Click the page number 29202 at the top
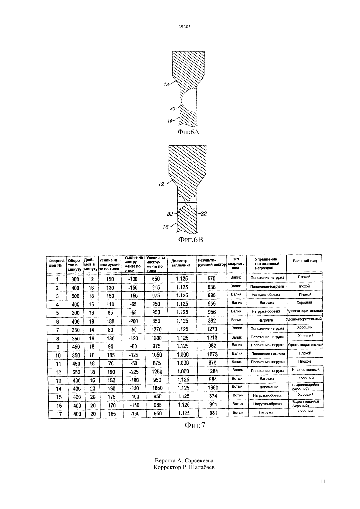(184, 27)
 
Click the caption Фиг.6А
(188, 132)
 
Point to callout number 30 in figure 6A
(173, 109)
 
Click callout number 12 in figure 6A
(166, 84)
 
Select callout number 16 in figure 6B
(166, 227)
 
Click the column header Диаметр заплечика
(181, 263)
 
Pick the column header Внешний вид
(305, 261)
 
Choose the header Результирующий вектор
(212, 262)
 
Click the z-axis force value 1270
(156, 329)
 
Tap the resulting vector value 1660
(213, 387)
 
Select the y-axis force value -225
(134, 372)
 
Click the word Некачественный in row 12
(306, 370)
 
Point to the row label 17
(59, 414)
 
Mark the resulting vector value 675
(212, 279)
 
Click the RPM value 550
(76, 372)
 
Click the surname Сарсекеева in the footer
(199, 461)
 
